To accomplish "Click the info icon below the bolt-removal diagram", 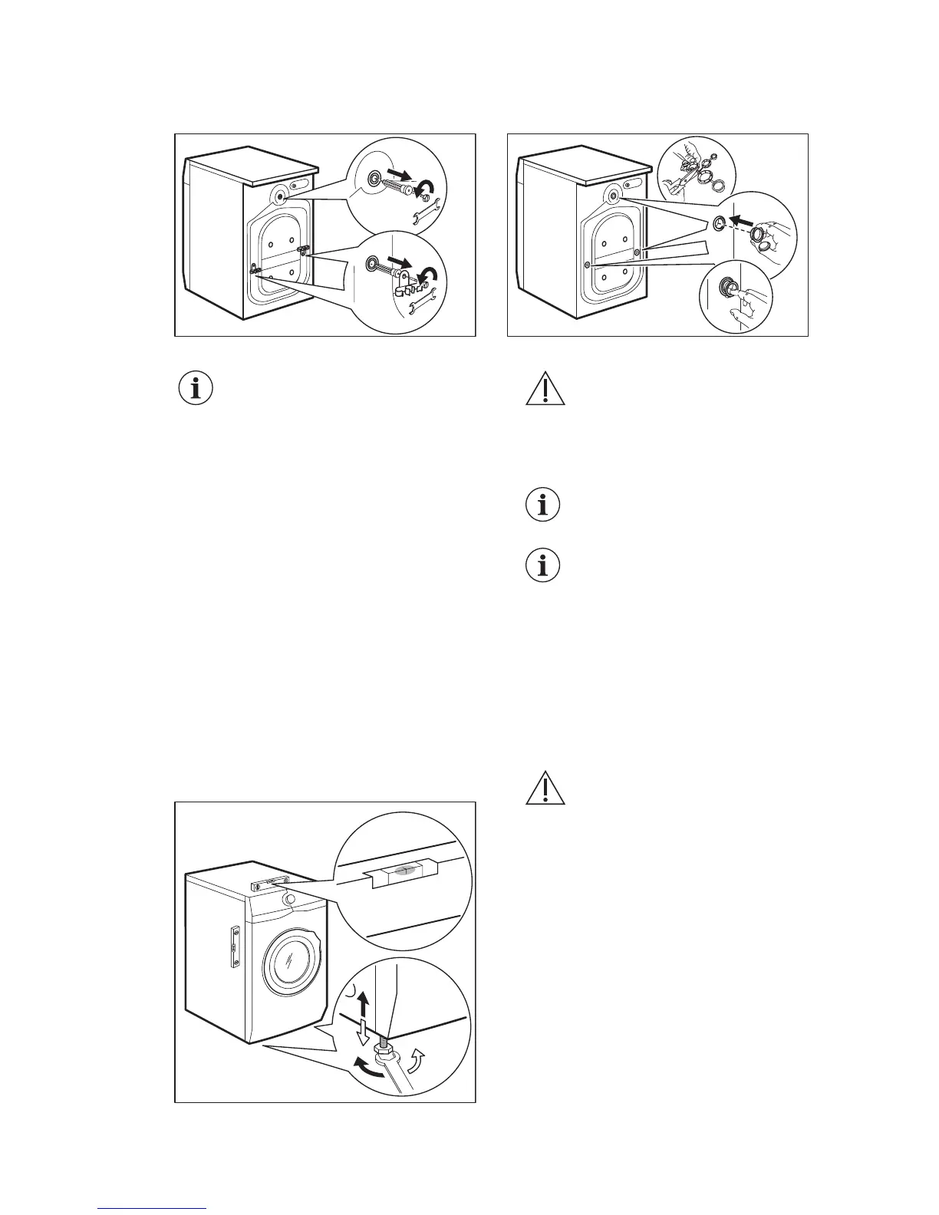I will tap(196, 389).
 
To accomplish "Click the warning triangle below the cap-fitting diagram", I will tap(545, 390).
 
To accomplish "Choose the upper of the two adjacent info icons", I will tap(543, 505).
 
